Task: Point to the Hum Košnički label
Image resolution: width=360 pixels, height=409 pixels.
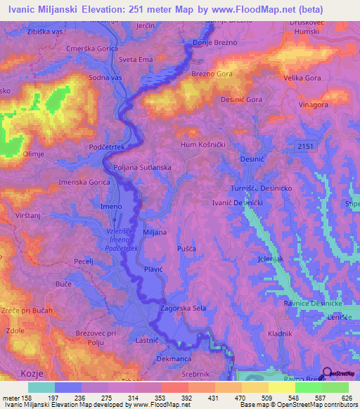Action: pyautogui.click(x=202, y=143)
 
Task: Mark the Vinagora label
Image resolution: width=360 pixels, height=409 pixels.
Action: pyautogui.click(x=314, y=104)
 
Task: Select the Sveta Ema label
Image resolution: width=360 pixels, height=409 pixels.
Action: pyautogui.click(x=136, y=60)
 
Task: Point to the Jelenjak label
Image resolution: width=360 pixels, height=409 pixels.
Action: pyautogui.click(x=271, y=259)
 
